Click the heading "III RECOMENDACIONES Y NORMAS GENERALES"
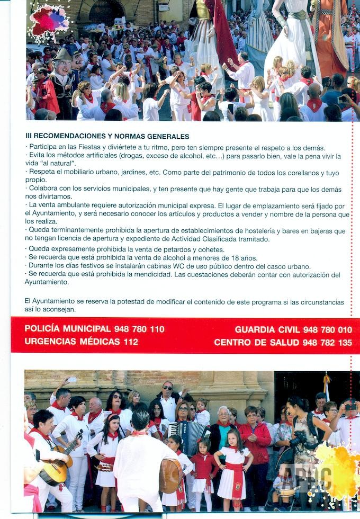(107, 136)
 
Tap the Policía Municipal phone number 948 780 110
(140, 329)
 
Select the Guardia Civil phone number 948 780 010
(328, 329)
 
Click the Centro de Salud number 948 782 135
(327, 343)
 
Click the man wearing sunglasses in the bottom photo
(168, 397)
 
